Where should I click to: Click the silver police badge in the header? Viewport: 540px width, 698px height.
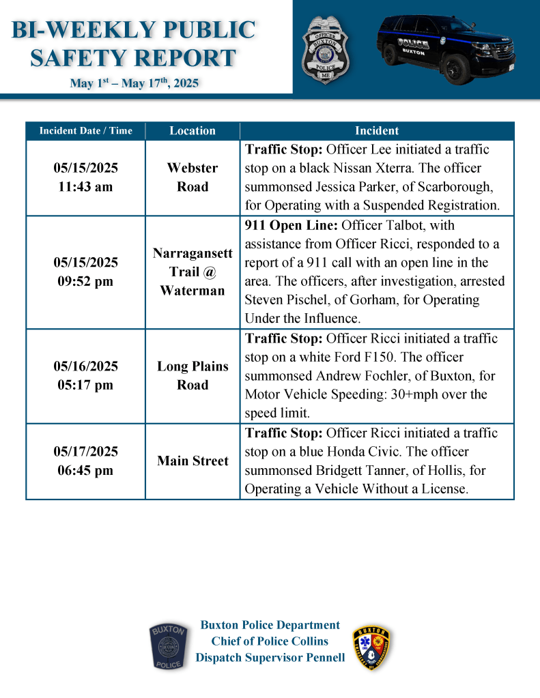click(326, 48)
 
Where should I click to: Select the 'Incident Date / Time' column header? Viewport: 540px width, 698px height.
click(85, 131)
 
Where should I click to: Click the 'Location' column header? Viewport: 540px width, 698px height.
click(193, 131)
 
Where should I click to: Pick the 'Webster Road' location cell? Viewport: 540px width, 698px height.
click(193, 177)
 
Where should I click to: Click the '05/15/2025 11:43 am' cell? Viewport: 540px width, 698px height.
click(85, 177)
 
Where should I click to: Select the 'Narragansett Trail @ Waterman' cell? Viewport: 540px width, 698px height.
click(193, 272)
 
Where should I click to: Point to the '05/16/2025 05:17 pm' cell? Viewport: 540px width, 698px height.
click(85, 375)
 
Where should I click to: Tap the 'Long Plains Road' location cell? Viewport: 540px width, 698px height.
click(193, 375)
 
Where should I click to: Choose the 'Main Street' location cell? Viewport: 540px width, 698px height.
click(193, 461)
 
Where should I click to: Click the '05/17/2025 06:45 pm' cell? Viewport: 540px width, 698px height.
click(85, 461)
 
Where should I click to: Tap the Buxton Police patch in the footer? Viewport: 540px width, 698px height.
click(169, 647)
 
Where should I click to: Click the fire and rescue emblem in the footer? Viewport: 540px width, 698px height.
click(372, 647)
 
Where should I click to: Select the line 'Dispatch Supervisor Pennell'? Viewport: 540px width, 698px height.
click(270, 658)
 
